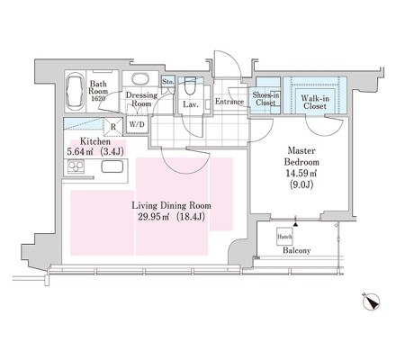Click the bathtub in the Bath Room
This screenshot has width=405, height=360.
[75, 92]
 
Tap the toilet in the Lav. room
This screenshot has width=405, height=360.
[189, 85]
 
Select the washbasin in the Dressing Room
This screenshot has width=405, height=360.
[139, 79]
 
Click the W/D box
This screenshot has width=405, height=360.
[137, 124]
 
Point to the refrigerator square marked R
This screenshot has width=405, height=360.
[113, 127]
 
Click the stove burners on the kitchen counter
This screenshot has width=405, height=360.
[76, 166]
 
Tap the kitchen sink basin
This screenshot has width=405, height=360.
[112, 166]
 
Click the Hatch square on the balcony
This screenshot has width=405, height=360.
[284, 237]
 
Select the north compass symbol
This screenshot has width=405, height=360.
[372, 301]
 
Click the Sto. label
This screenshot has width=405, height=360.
[168, 81]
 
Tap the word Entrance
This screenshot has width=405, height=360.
[229, 102]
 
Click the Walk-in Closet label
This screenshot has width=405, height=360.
[315, 102]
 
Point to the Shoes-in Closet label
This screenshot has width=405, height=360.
[265, 99]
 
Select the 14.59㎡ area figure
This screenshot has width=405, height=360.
[301, 174]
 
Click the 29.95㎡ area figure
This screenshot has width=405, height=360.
[154, 217]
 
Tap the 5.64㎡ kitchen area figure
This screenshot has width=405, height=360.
[79, 152]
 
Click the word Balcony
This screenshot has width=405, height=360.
[297, 250]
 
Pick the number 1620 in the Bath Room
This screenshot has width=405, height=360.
[98, 98]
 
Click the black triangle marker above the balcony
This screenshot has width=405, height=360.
[296, 224]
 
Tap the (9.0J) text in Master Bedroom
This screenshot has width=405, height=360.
[301, 184]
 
